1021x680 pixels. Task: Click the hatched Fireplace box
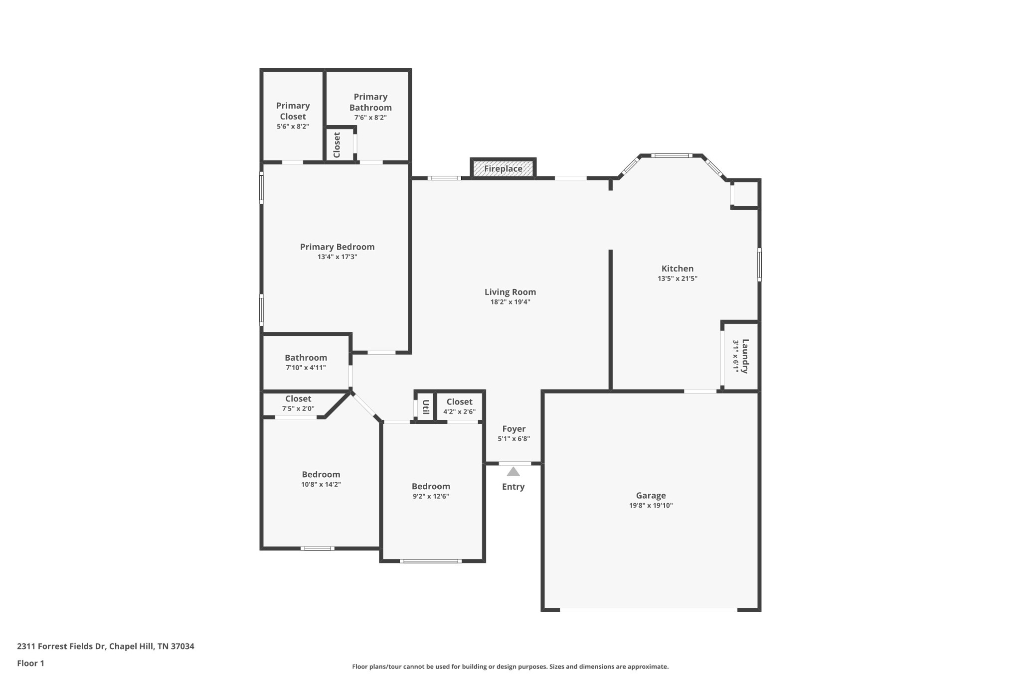coord(503,169)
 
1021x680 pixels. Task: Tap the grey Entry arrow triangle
coord(513,472)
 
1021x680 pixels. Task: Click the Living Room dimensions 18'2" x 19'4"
coord(510,302)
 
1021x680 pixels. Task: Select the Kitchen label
coord(677,269)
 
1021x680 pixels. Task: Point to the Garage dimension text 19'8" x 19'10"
coord(651,505)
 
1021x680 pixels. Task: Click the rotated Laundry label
coord(745,356)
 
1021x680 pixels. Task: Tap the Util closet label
coord(426,407)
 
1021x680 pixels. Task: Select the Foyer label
coord(513,429)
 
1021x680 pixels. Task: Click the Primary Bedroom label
coord(337,247)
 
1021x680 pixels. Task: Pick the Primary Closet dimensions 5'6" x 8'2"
coord(293,127)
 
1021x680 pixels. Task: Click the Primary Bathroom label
coord(370,102)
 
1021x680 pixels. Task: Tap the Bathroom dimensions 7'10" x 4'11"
coord(306,368)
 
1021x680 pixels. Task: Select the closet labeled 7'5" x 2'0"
coord(298,404)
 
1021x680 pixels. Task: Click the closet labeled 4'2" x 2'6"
coord(459,407)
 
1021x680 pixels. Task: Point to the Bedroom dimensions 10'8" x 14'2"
coord(321,484)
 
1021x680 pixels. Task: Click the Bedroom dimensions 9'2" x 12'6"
coord(431,496)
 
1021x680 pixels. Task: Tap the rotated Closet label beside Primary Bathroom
coord(337,144)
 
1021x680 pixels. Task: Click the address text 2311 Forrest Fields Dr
coord(61,646)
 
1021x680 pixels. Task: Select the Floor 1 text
coord(30,663)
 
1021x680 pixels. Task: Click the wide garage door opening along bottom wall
coord(648,609)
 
